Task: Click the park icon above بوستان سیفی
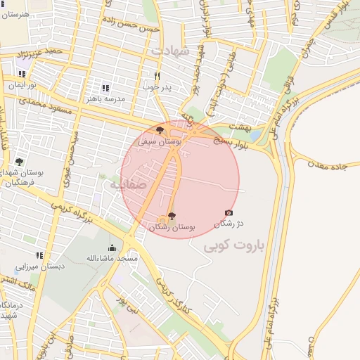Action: [160, 131]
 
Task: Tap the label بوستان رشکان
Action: [172, 227]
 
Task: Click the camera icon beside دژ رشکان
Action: [229, 212]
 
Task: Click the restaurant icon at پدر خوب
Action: [157, 76]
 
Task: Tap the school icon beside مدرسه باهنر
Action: [105, 88]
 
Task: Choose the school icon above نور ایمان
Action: [21, 74]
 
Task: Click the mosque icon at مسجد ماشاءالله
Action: [112, 247]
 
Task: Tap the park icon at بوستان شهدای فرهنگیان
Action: [19, 162]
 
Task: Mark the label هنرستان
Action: [15, 14]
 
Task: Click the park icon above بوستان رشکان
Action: [172, 216]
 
